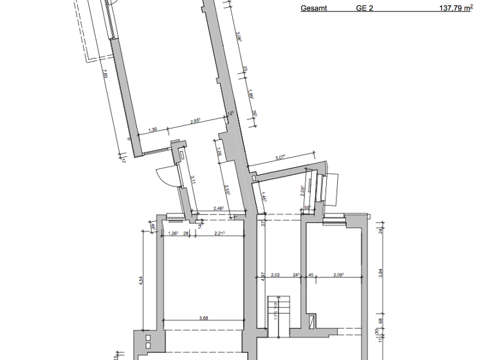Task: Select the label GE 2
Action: [x=365, y=9]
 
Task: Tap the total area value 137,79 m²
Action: [x=455, y=8]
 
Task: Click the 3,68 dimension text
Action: [x=204, y=317]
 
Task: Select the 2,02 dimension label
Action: [x=276, y=275]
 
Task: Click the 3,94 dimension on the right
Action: [x=381, y=273]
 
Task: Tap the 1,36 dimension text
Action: [x=152, y=130]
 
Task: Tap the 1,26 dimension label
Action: [x=172, y=233]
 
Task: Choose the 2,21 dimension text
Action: [x=220, y=233]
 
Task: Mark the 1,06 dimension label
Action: [x=219, y=152]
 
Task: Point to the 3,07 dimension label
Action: [x=280, y=157]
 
